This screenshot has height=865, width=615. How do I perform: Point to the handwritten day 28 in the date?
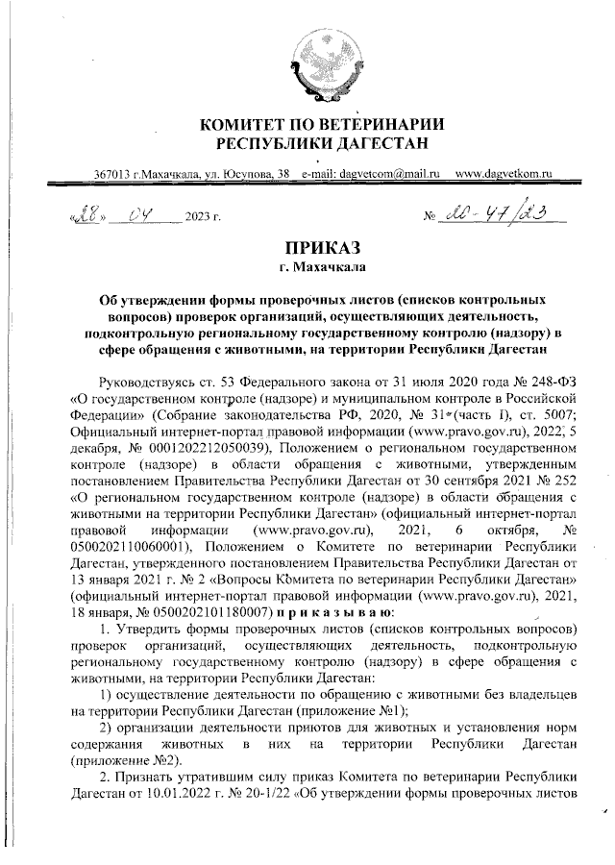point(84,214)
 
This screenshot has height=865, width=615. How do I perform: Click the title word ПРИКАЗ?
point(321,248)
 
